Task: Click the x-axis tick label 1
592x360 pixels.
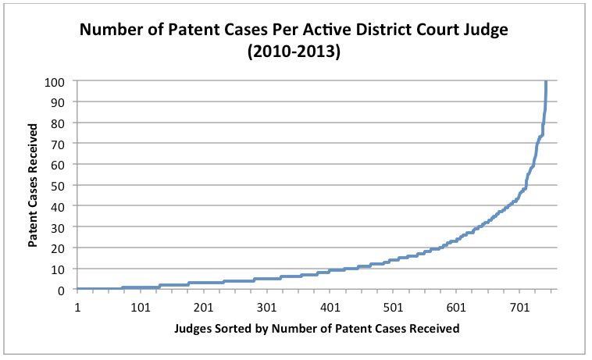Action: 77,307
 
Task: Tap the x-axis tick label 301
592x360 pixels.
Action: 267,307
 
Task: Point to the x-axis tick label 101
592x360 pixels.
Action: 141,307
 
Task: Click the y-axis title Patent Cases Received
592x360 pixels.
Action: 34,186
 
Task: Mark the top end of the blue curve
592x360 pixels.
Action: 545,81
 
